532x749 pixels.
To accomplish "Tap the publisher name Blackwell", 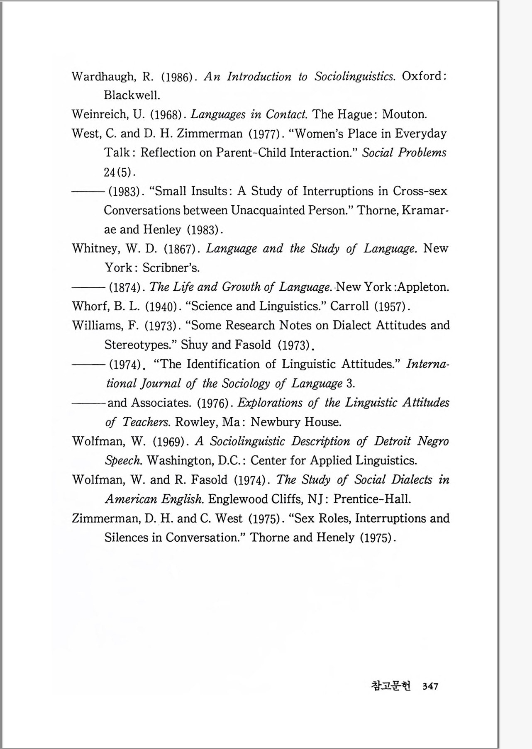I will pos(132,95).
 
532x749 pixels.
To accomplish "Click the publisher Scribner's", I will pos(171,268).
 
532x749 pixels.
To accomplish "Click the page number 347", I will pos(430,686).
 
